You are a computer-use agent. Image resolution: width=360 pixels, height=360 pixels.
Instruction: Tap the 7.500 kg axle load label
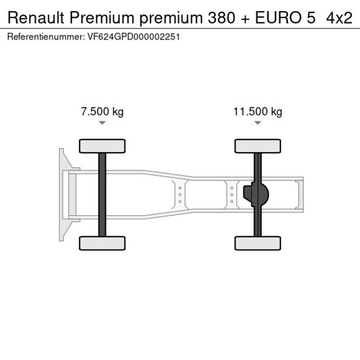(102, 111)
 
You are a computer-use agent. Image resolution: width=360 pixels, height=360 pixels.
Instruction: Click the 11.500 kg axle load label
(257, 111)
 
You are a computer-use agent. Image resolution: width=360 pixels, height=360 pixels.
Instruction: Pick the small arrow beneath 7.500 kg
(102, 123)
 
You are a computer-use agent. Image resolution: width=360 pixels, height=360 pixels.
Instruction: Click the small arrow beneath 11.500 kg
(257, 123)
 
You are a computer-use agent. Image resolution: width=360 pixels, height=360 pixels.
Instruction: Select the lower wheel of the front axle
(102, 243)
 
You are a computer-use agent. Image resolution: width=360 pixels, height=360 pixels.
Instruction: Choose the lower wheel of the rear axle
(257, 243)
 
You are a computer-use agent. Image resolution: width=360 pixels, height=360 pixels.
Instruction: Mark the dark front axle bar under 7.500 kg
(102, 195)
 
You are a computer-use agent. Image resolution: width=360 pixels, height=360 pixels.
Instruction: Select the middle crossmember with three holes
(180, 194)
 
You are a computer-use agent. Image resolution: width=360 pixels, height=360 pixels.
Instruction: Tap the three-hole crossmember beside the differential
(231, 194)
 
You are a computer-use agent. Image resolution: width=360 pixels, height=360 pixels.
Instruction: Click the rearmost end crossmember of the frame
(299, 194)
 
